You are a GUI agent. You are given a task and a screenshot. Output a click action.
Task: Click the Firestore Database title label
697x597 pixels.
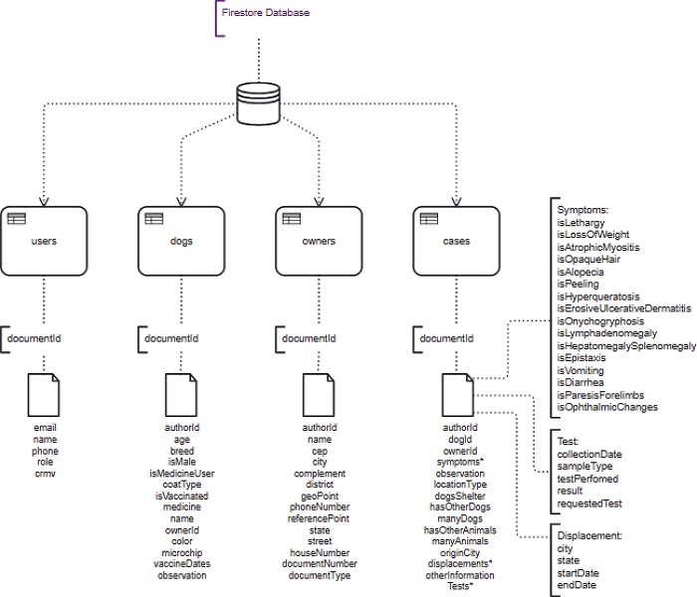click(x=265, y=13)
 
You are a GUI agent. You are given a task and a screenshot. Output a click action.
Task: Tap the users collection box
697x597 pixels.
click(x=44, y=242)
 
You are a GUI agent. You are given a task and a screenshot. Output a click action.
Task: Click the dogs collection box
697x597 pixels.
click(x=181, y=242)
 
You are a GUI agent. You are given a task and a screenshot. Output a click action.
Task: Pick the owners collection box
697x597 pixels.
click(x=319, y=242)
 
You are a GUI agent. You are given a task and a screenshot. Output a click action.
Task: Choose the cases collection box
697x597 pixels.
click(x=457, y=242)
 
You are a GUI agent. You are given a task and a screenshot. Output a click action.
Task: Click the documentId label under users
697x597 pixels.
click(x=35, y=338)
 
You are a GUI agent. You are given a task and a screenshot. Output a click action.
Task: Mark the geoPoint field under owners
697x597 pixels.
click(x=319, y=495)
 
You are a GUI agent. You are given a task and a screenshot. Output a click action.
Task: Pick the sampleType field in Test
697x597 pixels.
click(x=584, y=465)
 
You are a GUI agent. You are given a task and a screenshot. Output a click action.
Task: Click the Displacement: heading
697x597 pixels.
click(x=589, y=535)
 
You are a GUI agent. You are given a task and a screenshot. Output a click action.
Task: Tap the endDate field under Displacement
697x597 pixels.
click(x=578, y=584)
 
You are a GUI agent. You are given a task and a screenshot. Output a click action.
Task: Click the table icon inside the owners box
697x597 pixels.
click(x=292, y=219)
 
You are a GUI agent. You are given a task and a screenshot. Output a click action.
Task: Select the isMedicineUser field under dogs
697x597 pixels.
click(x=182, y=472)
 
